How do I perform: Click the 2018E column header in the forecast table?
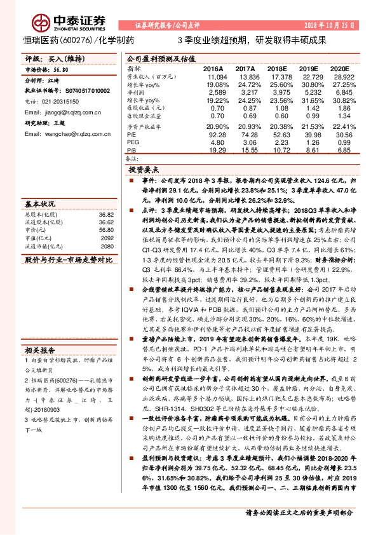[x=276, y=68]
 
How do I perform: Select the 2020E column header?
[x=341, y=68]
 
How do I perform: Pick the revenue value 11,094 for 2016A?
[x=214, y=76]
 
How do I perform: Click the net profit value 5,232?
[x=309, y=93]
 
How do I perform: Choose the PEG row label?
[x=132, y=143]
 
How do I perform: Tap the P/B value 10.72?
[x=278, y=151]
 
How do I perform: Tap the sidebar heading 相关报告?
[x=41, y=351]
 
